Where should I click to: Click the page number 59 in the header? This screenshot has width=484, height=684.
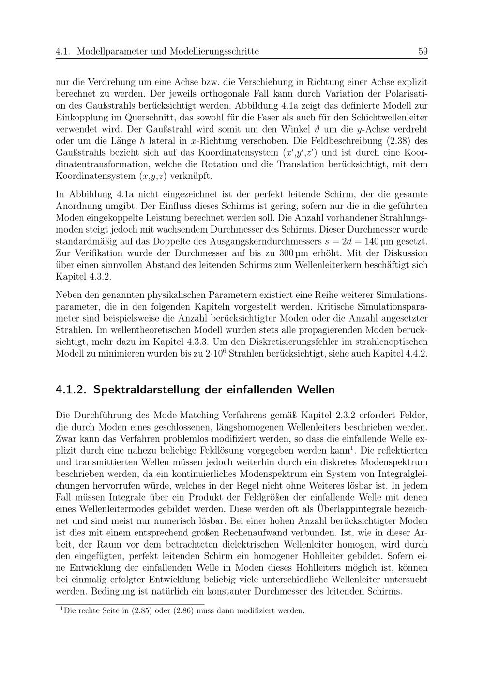pos(422,51)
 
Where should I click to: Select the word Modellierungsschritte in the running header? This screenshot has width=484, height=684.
pos(214,51)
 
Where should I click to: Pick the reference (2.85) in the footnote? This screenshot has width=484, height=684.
pos(140,610)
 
